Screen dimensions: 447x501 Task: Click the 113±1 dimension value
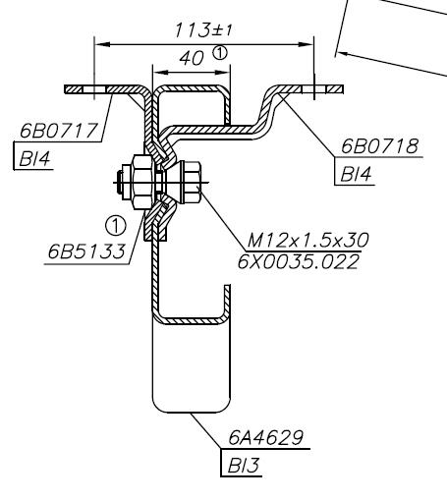203,30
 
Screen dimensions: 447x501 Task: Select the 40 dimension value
192,59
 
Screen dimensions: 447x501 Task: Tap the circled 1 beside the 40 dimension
220,53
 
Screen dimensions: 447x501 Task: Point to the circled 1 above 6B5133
116,226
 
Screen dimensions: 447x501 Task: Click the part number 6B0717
59,131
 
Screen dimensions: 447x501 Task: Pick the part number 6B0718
379,146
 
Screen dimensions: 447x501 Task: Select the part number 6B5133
86,251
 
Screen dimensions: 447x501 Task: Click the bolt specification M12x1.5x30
307,241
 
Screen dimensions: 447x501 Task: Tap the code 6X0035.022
298,262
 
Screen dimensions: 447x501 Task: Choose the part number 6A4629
265,437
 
